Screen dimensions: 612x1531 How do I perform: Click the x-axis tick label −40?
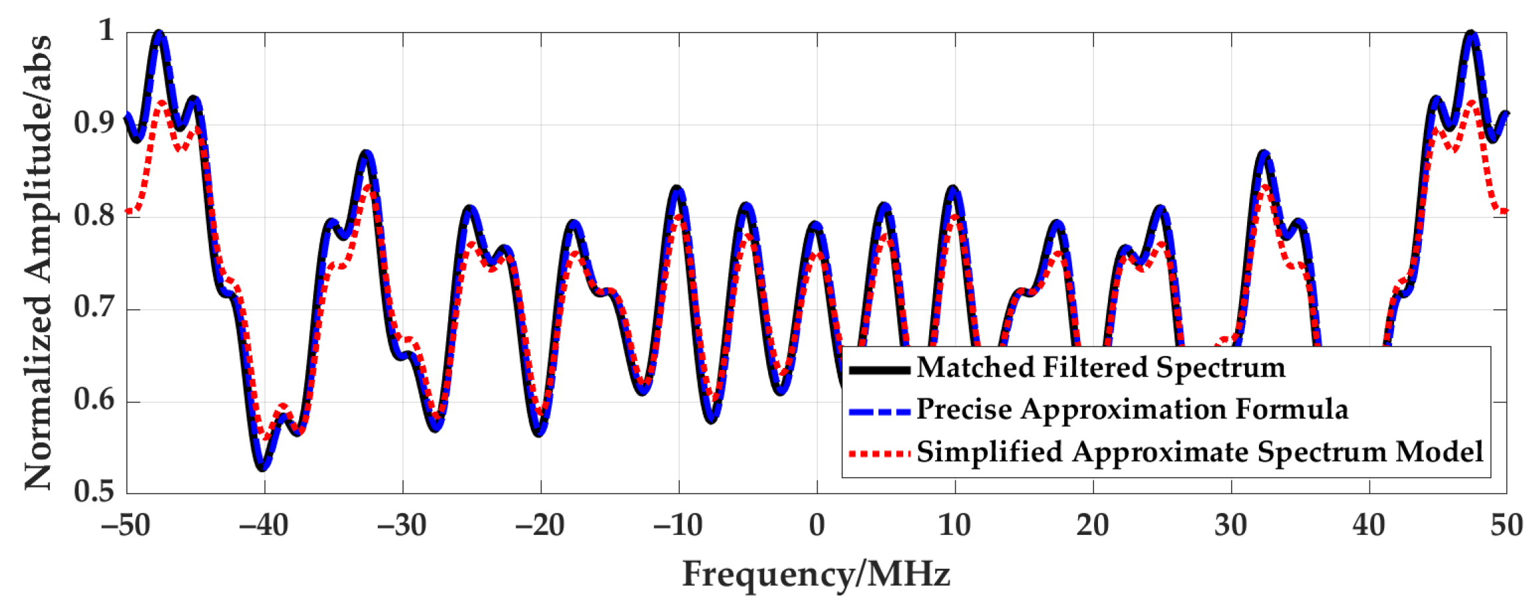pos(263,526)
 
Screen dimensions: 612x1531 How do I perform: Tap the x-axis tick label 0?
pos(817,526)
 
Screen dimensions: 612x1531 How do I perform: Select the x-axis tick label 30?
pos(1230,526)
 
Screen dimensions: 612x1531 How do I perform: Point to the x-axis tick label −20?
pos(539,526)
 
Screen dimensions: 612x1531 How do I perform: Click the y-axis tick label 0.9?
pos(94,123)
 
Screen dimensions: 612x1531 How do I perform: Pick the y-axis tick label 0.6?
pos(94,400)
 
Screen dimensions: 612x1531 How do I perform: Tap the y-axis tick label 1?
pos(106,31)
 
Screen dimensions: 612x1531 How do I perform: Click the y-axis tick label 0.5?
pos(94,492)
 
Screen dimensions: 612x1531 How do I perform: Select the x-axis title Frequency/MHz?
pos(816,573)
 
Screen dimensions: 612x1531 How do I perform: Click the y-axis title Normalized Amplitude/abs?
pos(38,263)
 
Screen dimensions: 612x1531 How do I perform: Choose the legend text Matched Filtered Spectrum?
pos(1101,368)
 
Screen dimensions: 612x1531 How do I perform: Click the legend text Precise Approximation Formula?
pos(1132,410)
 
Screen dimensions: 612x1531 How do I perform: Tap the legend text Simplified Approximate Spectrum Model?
pos(1200,452)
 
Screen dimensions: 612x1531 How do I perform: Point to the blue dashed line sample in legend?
pos(879,412)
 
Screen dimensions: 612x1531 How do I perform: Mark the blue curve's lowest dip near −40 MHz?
pos(263,468)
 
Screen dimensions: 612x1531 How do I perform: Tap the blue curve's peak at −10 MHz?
pos(677,189)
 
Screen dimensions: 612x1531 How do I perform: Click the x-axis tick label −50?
pos(126,526)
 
